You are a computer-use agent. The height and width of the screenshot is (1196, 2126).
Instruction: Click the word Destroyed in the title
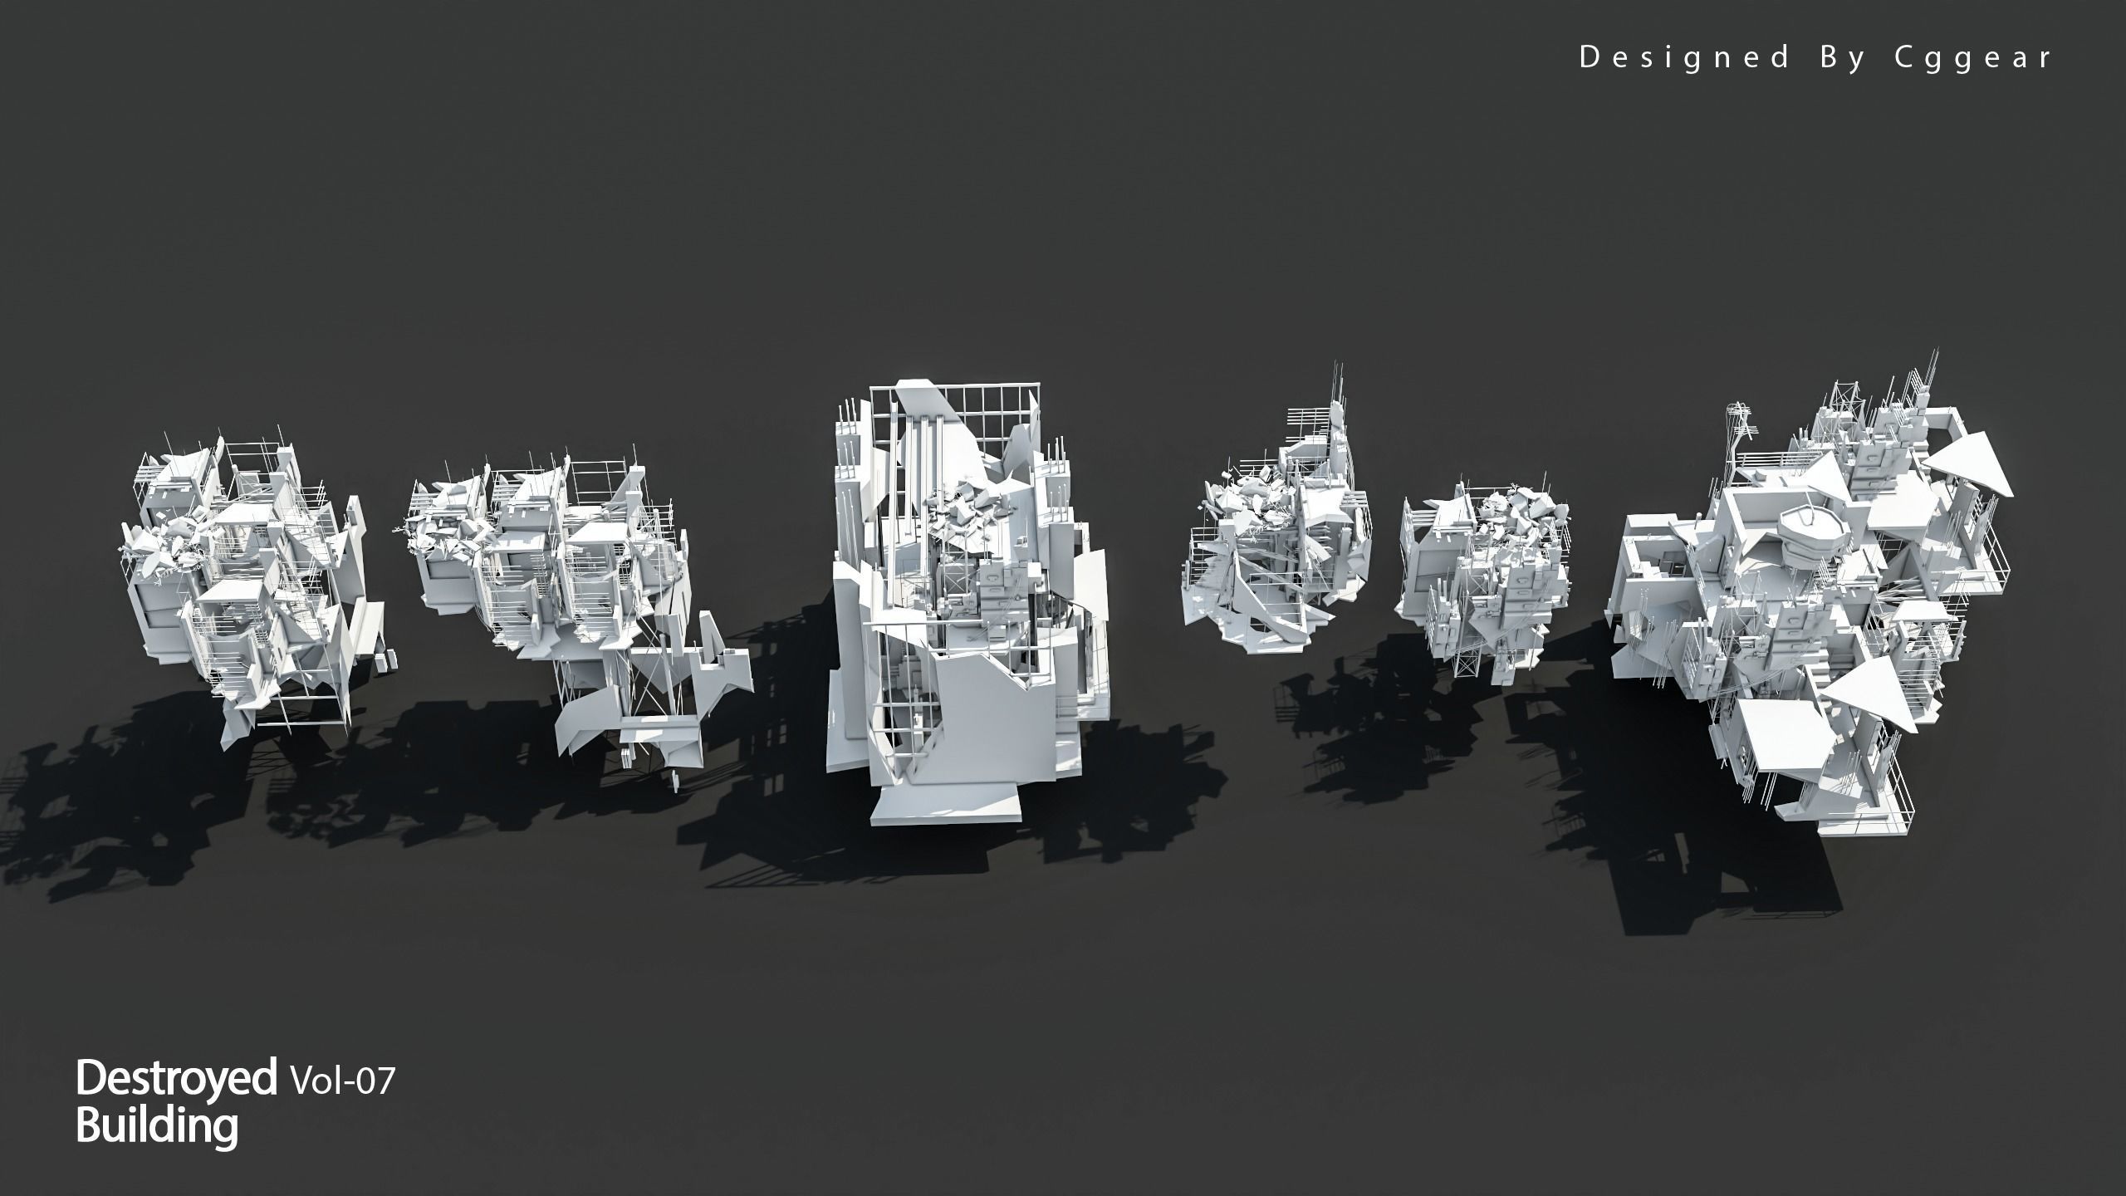(176, 1079)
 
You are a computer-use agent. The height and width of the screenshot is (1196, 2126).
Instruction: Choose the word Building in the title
(157, 1126)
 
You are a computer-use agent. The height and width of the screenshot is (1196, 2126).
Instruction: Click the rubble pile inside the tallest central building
(972, 511)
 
